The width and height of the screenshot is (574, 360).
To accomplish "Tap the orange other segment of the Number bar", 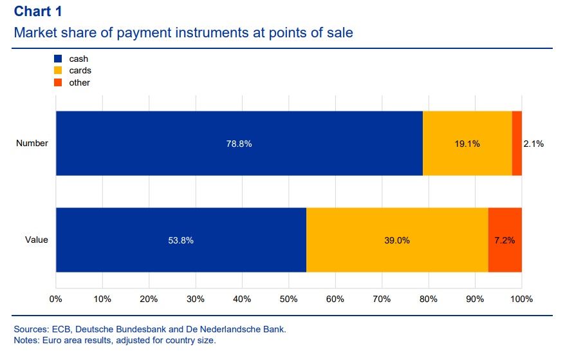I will tap(517, 143).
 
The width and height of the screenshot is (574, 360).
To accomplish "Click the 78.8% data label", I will tap(239, 144).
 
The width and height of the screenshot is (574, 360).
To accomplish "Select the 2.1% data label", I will tap(533, 144).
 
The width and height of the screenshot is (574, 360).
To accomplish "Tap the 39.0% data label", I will tap(397, 240).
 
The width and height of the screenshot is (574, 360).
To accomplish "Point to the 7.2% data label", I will tap(505, 240).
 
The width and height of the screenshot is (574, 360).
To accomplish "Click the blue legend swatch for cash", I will tap(58, 59).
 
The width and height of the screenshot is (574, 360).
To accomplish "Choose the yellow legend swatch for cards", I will tap(58, 71).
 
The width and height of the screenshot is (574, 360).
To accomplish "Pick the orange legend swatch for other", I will tap(58, 82).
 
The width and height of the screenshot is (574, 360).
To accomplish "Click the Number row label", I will tap(32, 143).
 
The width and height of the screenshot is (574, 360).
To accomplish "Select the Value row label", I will tap(37, 240).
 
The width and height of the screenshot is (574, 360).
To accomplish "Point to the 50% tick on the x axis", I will tap(288, 299).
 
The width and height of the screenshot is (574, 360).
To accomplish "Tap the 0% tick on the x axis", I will tap(56, 299).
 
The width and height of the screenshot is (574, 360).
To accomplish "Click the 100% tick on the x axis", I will tap(521, 299).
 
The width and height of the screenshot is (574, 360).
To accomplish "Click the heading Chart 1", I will tap(39, 12).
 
